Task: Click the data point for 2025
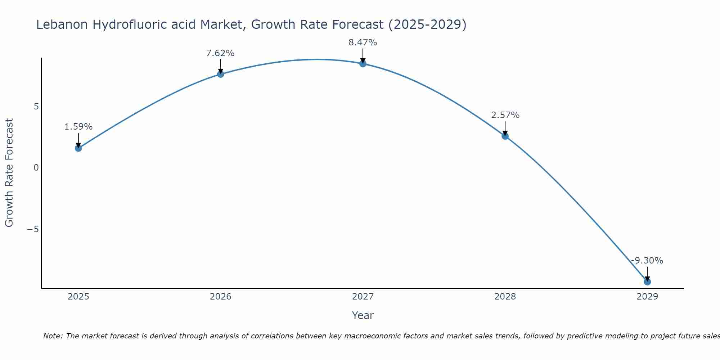[78, 148]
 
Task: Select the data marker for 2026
[220, 74]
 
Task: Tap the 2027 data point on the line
[363, 64]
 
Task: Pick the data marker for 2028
[505, 136]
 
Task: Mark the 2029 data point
[647, 282]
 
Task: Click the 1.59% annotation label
[78, 127]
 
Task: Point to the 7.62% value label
[220, 53]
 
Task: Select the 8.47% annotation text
[363, 42]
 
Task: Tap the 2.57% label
[505, 115]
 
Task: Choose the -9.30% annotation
[647, 261]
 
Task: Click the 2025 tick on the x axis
[78, 297]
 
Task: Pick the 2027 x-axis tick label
[363, 297]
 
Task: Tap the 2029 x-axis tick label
[647, 297]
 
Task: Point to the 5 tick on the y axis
[36, 107]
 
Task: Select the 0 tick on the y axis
[36, 168]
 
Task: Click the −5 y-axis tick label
[33, 229]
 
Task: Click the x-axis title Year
[363, 315]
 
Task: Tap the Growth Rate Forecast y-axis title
[9, 173]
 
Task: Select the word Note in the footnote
[53, 336]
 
